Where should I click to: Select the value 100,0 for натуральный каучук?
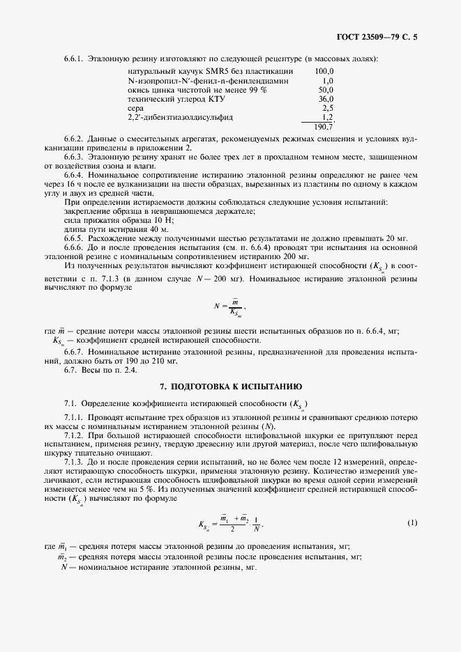[x=324, y=71]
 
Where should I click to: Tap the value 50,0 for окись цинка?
[x=326, y=90]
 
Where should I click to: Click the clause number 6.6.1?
[x=74, y=59]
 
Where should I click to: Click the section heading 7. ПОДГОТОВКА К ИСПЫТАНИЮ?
[x=230, y=385]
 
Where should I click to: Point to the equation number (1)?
[x=412, y=522]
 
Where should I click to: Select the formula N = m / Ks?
[x=231, y=307]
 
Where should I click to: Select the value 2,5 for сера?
[x=328, y=109]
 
